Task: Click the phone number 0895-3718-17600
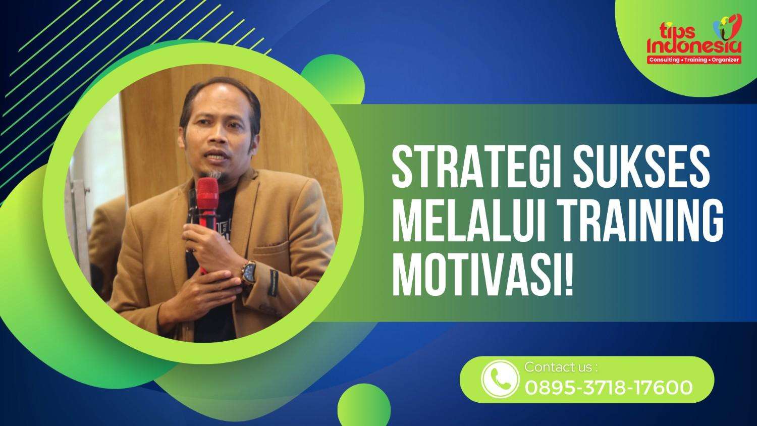point(609,388)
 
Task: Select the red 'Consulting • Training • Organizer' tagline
point(694,60)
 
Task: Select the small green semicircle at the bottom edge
point(364,407)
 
